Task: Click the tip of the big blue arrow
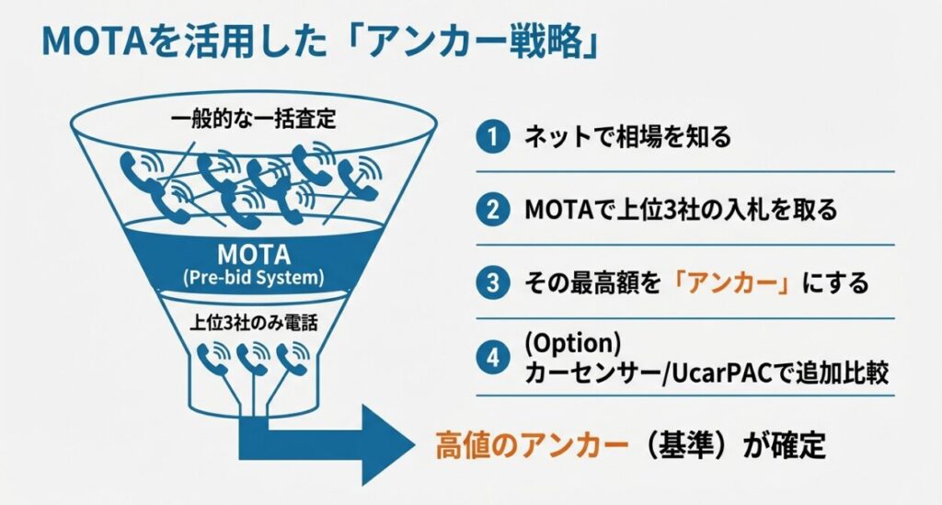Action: pos(415,445)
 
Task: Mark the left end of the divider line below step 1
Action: pos(477,172)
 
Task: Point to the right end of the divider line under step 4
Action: pos(894,396)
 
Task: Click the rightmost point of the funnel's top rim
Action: pos(437,124)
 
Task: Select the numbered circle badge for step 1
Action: pos(493,137)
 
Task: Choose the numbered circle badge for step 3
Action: pos(493,282)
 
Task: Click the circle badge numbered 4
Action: pos(493,358)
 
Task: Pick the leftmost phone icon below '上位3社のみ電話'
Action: pos(213,358)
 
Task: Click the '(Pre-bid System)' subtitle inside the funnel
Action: pos(254,278)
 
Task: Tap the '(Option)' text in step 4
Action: pos(572,343)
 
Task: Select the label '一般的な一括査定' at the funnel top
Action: pos(254,119)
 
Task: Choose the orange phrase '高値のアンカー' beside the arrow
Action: pos(532,446)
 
